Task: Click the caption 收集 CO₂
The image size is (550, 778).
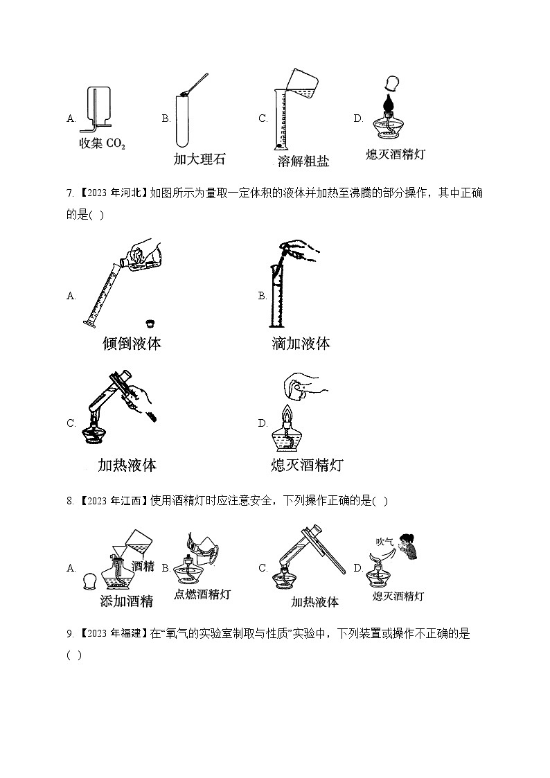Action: [103, 144]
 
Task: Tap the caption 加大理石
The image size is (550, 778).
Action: [199, 159]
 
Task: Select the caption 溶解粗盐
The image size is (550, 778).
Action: [303, 161]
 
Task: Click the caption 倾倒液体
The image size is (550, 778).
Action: [131, 343]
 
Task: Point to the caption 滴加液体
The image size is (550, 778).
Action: [301, 343]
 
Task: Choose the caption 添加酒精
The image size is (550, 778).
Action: [127, 601]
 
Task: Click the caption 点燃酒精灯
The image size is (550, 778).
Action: [202, 594]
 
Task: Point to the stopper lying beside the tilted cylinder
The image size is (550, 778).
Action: [150, 322]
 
